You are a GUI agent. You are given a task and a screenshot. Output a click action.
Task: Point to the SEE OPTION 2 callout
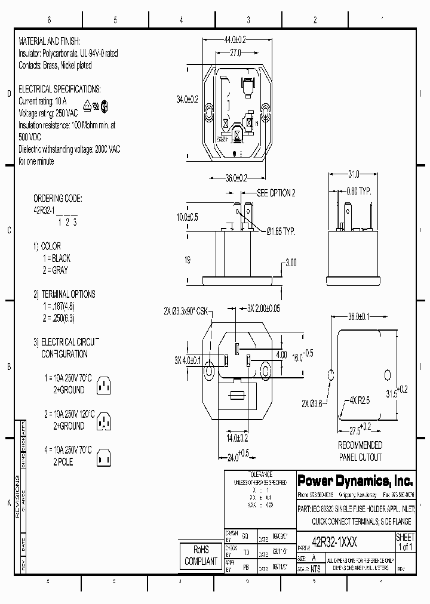[x=275, y=193]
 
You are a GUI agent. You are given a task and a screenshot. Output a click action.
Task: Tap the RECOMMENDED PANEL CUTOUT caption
[x=360, y=450]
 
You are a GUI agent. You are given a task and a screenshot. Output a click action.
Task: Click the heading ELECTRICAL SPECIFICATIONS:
[x=60, y=89]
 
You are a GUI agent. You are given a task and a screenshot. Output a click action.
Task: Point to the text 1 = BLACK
[x=57, y=258]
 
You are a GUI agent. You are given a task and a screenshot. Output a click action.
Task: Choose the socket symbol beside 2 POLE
[x=105, y=457]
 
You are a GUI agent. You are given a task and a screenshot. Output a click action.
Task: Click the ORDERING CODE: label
[x=58, y=198]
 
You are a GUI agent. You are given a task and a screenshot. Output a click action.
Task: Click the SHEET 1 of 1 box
[x=405, y=542]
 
